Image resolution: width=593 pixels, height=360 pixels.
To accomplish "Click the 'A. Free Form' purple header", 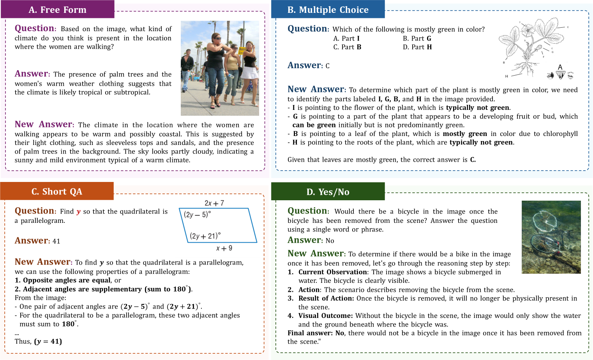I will pyautogui.click(x=57, y=9).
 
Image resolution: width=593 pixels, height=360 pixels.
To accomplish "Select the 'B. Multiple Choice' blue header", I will pyautogui.click(x=328, y=9).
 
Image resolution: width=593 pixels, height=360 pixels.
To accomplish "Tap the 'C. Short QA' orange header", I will pyautogui.click(x=57, y=191).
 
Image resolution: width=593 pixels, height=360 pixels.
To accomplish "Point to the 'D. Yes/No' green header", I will pyautogui.click(x=328, y=192).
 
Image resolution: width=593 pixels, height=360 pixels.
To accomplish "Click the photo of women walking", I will pyautogui.click(x=220, y=68).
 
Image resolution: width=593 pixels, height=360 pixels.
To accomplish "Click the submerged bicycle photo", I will pyautogui.click(x=551, y=237).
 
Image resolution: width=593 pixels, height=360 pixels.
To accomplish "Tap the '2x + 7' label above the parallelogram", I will pyautogui.click(x=214, y=203).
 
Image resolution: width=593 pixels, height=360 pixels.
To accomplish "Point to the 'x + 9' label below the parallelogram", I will pyautogui.click(x=224, y=248).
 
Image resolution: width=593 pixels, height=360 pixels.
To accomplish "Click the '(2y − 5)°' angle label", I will pyautogui.click(x=197, y=214).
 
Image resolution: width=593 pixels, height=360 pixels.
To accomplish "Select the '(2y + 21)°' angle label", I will pyautogui.click(x=205, y=236).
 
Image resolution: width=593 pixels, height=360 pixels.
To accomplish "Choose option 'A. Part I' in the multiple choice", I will pyautogui.click(x=346, y=38).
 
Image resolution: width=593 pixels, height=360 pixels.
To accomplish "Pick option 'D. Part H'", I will pyautogui.click(x=417, y=47).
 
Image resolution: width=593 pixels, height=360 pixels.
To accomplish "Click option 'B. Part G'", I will pyautogui.click(x=417, y=38).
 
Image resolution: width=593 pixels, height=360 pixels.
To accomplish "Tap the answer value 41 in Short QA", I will pyautogui.click(x=56, y=241).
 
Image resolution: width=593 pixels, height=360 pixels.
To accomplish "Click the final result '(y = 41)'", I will pyautogui.click(x=48, y=341).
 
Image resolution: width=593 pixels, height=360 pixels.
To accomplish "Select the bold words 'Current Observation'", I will pyautogui.click(x=333, y=272).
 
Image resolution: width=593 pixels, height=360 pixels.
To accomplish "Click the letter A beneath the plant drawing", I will pyautogui.click(x=560, y=67).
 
